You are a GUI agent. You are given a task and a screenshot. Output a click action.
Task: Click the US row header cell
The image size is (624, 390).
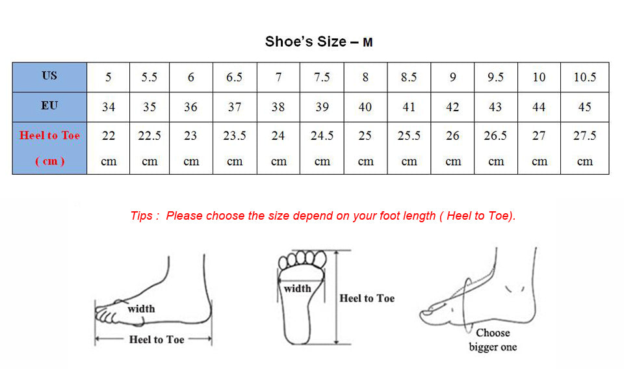[49, 76]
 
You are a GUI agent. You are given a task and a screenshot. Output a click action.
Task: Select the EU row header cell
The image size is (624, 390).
[49, 106]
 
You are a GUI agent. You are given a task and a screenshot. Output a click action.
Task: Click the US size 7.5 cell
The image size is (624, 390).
[322, 77]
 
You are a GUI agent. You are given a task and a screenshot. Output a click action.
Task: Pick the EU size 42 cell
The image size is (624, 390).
[452, 107]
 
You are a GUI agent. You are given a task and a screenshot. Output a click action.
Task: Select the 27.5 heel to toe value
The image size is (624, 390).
[584, 136]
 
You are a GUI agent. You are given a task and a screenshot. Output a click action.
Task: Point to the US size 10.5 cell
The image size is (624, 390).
[584, 77]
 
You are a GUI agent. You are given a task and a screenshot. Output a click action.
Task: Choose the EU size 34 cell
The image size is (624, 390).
[109, 107]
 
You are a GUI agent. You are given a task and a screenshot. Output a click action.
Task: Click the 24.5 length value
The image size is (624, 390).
[322, 136]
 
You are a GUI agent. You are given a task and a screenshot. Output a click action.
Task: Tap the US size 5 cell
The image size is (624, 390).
[109, 77]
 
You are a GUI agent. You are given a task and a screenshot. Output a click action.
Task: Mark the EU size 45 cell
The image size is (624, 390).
[584, 107]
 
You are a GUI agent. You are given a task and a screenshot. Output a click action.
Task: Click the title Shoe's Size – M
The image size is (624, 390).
[318, 42]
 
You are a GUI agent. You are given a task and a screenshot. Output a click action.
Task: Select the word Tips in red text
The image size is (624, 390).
[142, 216]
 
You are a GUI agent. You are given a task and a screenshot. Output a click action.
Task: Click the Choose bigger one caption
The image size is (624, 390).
[493, 340]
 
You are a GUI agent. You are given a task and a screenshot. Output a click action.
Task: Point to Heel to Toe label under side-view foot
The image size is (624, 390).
[156, 339]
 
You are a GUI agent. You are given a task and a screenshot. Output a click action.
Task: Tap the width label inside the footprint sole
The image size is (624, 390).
[297, 288]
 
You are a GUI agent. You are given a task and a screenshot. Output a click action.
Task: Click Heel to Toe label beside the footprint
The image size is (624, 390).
[367, 298]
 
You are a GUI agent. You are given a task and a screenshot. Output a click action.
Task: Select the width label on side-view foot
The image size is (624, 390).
[141, 309]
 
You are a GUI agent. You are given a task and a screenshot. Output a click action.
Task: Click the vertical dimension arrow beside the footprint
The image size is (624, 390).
[336, 297]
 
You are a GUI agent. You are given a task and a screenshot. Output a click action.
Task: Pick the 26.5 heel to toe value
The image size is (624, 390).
[495, 136]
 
